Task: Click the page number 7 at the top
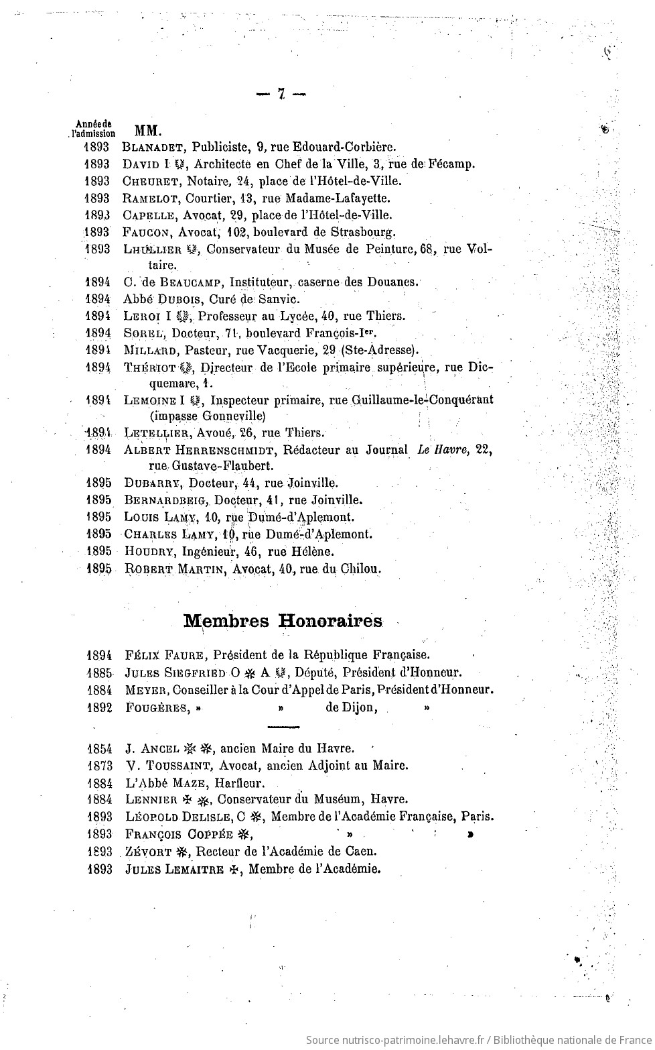pos(281,95)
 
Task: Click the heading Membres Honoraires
pos(283,621)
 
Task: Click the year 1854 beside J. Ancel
pos(98,748)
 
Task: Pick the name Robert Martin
pos(176,569)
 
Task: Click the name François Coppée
pos(178,834)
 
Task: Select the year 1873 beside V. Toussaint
pos(98,765)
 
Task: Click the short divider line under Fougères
pos(283,726)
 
